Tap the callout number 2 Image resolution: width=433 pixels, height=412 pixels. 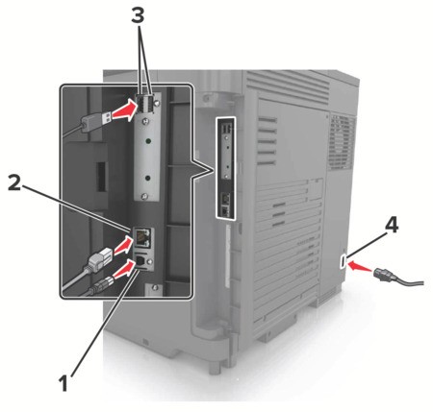(x=14, y=182)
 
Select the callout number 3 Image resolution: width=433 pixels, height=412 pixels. (x=138, y=14)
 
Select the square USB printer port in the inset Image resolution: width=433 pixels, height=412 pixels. (x=140, y=260)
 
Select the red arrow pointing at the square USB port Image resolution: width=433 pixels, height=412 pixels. (x=124, y=269)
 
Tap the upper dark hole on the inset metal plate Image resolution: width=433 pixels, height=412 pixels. (x=148, y=140)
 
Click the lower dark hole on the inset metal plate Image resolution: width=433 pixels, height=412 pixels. (x=148, y=177)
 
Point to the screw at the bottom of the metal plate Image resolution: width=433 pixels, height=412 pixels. (x=145, y=196)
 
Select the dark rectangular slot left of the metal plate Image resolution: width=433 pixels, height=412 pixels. (x=101, y=177)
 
